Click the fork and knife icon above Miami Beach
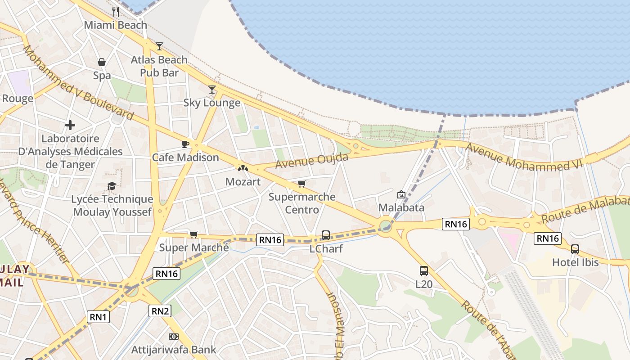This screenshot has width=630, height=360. [116, 11]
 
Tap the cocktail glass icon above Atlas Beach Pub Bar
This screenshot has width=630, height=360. [159, 46]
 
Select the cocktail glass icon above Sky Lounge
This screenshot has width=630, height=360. [212, 89]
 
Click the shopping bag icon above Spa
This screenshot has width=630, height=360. [102, 62]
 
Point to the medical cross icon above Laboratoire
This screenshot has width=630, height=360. [70, 125]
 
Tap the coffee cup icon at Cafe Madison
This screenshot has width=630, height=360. [185, 144]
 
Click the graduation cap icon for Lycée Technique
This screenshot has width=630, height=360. [112, 186]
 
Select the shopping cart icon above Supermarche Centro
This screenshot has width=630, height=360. [301, 184]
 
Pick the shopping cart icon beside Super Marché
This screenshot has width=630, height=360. [193, 234]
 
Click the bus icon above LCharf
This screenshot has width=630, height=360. [325, 235]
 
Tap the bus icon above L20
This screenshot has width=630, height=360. [423, 270]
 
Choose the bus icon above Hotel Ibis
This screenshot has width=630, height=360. [575, 249]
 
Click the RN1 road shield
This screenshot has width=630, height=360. [98, 317]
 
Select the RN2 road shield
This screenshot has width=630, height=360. [160, 310]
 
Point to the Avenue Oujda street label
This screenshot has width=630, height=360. [311, 161]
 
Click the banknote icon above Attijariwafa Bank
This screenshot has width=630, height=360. [173, 337]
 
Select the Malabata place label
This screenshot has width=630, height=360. [401, 207]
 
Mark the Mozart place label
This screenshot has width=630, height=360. [243, 182]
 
